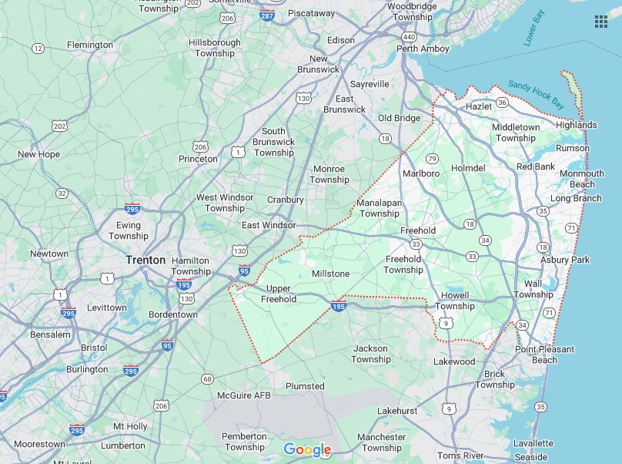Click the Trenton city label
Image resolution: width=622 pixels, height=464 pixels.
[x=145, y=260]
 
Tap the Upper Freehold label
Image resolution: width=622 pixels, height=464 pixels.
[x=277, y=294]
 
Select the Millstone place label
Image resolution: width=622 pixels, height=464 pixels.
[x=330, y=274]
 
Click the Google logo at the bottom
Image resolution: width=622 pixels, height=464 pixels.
[x=307, y=449]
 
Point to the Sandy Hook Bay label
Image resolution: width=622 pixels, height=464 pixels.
[x=537, y=94]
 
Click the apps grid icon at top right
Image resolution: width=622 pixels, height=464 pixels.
[x=601, y=21]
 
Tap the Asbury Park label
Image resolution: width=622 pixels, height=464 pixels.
[x=564, y=260]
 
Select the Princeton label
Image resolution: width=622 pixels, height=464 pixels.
[x=198, y=159]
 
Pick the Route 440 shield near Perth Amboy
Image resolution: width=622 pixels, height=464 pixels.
[x=410, y=36]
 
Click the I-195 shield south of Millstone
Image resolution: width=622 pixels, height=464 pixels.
[x=338, y=307]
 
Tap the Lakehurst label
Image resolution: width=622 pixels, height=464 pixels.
[x=397, y=411]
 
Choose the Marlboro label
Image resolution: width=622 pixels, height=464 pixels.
[x=420, y=173]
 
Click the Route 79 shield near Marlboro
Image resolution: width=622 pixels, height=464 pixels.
[x=432, y=158]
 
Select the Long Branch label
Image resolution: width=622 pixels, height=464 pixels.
[x=576, y=198]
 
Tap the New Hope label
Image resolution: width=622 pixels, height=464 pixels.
[x=38, y=154]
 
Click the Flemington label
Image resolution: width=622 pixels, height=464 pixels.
[x=90, y=45]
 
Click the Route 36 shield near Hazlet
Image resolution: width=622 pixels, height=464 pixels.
[x=502, y=102]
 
